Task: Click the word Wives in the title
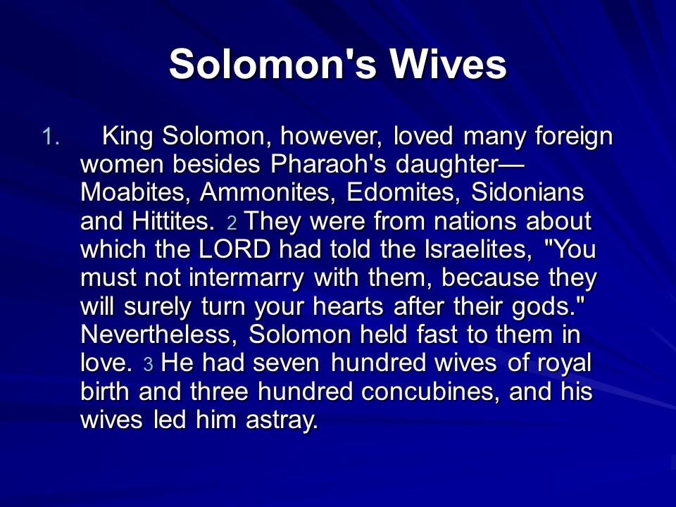click(449, 64)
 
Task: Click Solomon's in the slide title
click(273, 64)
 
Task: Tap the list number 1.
click(51, 137)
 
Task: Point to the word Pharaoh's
click(328, 164)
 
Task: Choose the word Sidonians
click(527, 192)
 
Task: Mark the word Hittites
click(173, 221)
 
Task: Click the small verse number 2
click(232, 223)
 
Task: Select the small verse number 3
click(148, 365)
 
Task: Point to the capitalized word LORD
click(234, 249)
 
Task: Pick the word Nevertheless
click(159, 335)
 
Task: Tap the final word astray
click(282, 420)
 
